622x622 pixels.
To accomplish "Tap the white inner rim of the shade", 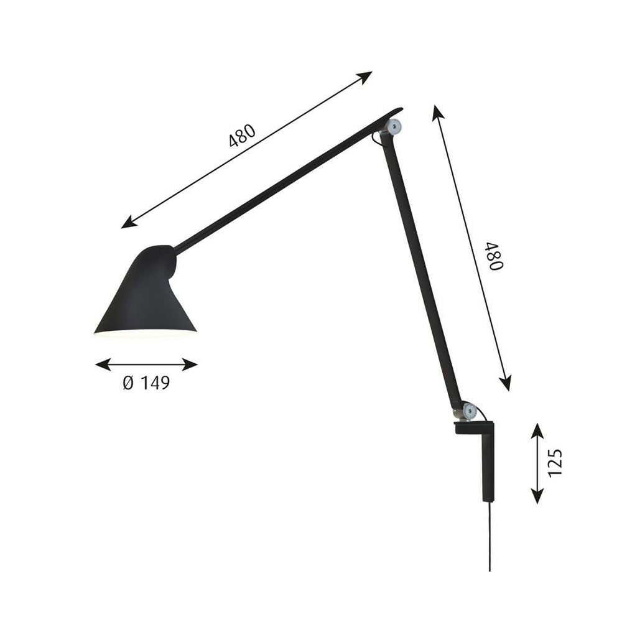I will tap(146, 333).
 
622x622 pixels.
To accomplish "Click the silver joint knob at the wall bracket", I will tap(470, 411).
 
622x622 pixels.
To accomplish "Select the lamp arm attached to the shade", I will tap(280, 183).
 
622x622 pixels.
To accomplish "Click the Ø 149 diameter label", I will tap(146, 383).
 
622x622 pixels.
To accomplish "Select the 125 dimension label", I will tap(555, 462).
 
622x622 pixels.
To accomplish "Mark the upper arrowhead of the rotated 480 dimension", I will tap(437, 112).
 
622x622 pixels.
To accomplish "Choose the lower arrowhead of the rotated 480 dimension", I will tap(506, 384).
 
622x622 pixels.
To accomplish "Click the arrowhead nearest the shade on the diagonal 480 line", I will tap(128, 223).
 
